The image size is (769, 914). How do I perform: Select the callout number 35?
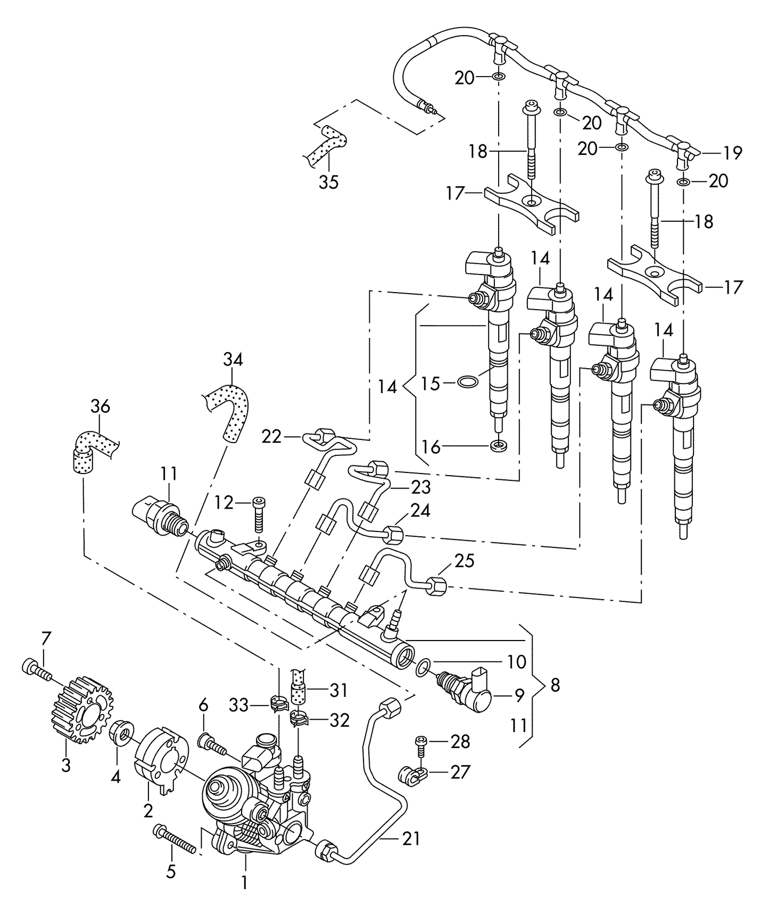point(328,182)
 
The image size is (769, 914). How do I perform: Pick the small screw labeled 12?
point(259,514)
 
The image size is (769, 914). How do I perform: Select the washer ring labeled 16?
point(499,445)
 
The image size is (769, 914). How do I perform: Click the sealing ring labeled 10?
point(421,667)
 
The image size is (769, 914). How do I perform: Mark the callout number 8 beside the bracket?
point(555,685)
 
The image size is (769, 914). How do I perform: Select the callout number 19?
point(733,153)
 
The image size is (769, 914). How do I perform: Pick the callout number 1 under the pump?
point(244,883)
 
